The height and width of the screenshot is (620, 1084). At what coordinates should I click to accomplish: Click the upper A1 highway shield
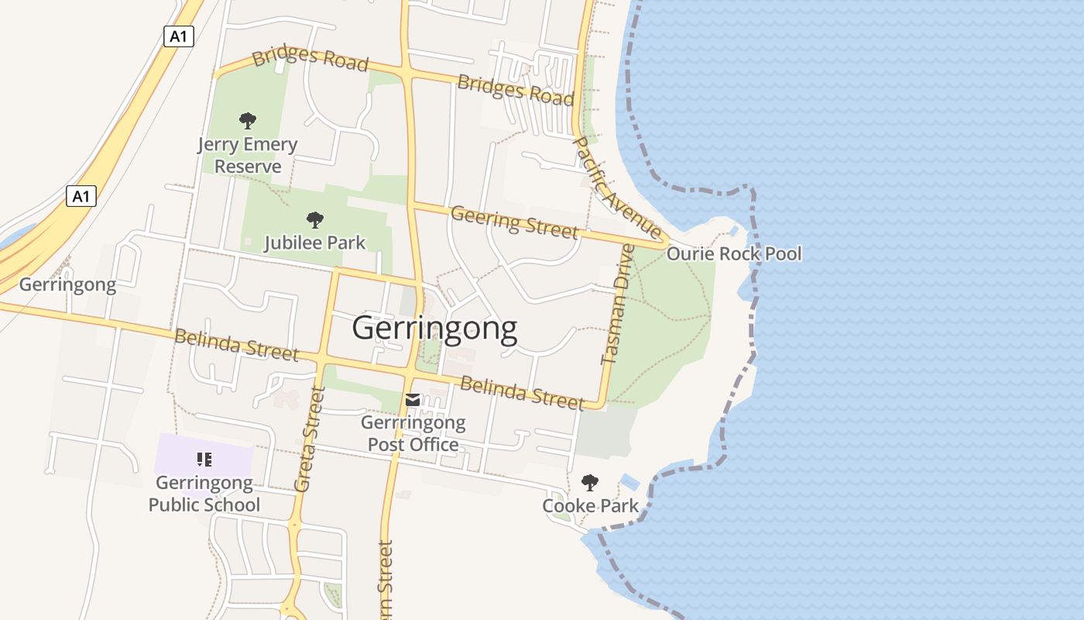178,36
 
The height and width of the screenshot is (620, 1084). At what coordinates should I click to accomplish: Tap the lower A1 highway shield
81,196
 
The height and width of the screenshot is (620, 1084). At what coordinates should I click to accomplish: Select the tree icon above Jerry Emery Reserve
247,121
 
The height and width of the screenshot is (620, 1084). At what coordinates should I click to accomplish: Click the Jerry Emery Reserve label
247,155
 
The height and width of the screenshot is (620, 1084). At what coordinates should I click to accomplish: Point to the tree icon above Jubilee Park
314,220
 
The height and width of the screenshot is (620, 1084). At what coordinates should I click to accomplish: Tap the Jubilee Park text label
314,243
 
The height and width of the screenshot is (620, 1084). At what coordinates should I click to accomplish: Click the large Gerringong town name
434,329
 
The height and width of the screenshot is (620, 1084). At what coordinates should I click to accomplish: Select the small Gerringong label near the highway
67,284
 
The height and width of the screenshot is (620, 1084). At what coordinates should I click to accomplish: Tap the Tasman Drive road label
617,304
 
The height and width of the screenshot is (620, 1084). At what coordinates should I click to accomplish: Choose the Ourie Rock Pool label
734,253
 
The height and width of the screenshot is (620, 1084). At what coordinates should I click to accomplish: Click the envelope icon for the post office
413,400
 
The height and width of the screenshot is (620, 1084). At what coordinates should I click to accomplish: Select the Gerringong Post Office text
413,434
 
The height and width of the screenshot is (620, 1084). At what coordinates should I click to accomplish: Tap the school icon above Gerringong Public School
204,460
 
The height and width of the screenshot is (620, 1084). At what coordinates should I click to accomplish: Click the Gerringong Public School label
204,494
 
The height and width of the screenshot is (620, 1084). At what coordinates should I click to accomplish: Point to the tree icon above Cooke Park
590,483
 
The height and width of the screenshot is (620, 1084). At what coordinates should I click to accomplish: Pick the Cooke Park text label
590,506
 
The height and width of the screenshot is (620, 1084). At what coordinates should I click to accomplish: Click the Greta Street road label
308,439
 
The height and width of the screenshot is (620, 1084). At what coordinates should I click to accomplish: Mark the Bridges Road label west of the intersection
310,59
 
